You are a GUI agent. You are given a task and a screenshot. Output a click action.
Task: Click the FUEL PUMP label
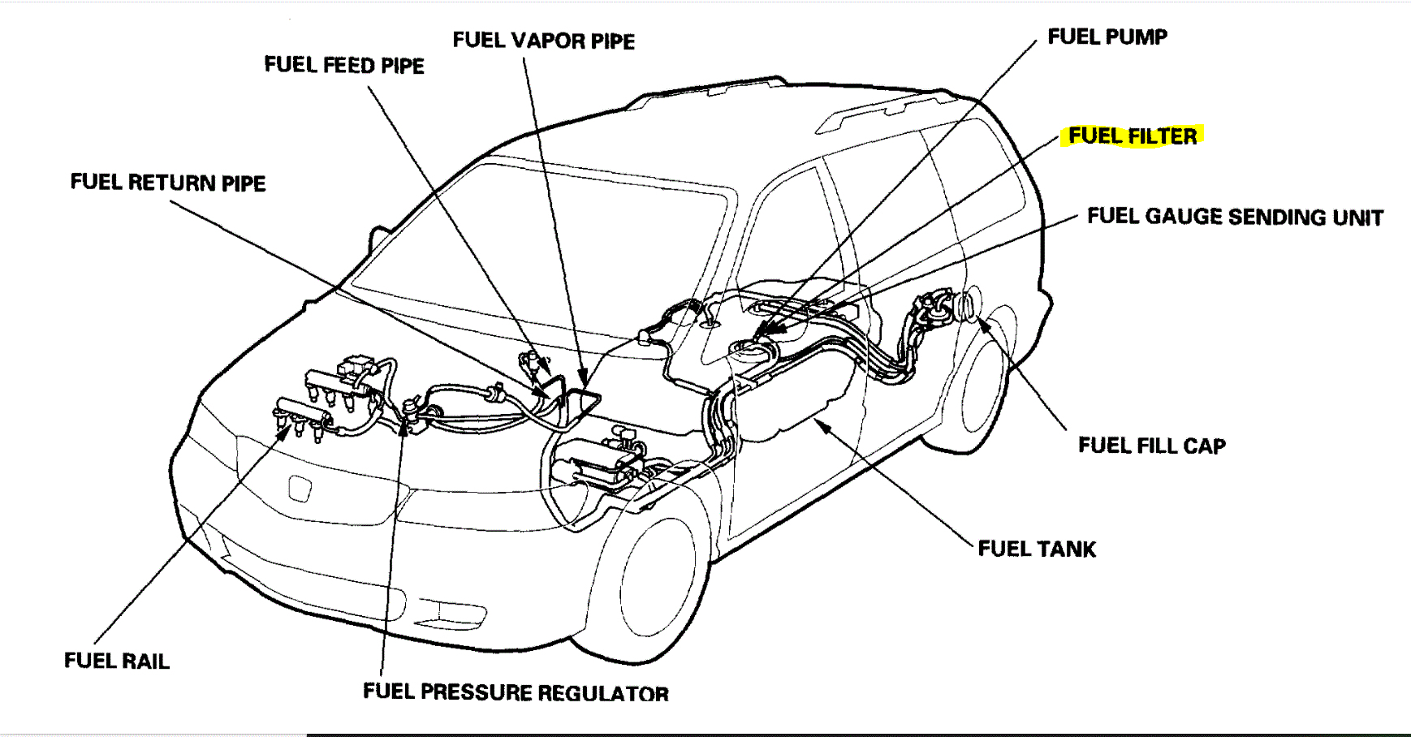1107,37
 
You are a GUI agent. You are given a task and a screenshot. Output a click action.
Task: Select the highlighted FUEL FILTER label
1132,136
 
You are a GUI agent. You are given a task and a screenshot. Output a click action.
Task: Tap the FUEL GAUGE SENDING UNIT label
1234,217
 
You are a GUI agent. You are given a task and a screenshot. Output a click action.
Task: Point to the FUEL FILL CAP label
1151,446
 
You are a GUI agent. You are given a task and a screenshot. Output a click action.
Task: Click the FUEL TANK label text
1037,550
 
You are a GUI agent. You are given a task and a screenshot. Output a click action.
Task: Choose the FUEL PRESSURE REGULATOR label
516,692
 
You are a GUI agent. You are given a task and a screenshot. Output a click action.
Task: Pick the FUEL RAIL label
117,661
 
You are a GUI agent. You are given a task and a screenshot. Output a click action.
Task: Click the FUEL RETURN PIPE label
167,183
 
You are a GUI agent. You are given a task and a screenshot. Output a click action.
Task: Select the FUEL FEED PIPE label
344,65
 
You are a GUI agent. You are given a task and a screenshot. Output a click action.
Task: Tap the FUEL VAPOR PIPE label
543,41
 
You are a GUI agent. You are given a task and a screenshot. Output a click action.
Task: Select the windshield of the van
536,244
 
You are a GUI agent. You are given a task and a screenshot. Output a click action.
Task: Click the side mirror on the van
378,238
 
